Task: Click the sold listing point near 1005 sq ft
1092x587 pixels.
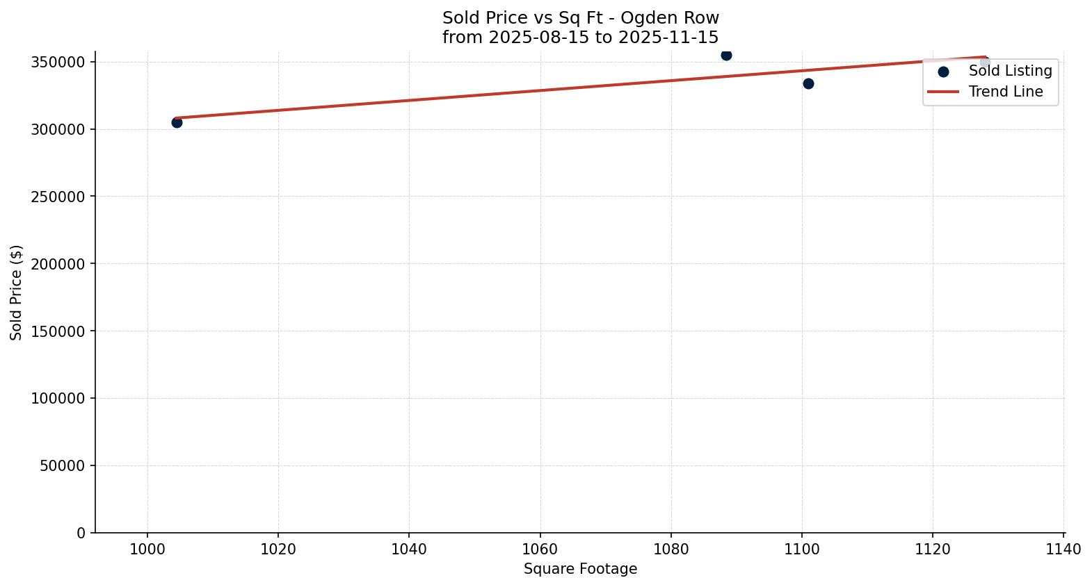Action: coord(177,122)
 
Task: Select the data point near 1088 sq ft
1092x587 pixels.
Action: coord(726,55)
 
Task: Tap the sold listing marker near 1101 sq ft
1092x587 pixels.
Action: coord(808,83)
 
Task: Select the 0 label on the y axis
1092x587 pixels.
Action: coord(81,533)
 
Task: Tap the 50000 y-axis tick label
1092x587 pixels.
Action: coord(62,465)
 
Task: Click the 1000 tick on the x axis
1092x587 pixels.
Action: coord(147,549)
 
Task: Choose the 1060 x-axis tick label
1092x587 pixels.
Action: coord(540,549)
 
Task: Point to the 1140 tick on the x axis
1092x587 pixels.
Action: coord(1063,549)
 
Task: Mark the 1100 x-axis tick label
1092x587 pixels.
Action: coord(802,549)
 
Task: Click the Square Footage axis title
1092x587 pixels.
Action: coord(580,569)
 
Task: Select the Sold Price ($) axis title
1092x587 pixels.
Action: coord(17,292)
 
